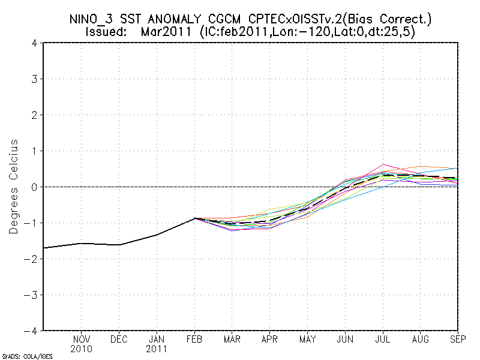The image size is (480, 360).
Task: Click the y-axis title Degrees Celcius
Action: (x=13, y=187)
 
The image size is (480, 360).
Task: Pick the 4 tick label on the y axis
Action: (x=35, y=43)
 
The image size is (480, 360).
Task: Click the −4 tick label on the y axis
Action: (x=32, y=331)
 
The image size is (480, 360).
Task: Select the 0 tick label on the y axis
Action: (x=35, y=187)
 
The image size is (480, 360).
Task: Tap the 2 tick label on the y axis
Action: (x=35, y=115)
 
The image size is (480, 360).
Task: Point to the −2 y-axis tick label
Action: (x=32, y=259)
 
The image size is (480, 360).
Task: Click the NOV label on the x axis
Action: (x=82, y=339)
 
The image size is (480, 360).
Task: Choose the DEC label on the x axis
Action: (x=119, y=339)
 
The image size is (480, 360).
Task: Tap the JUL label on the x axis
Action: (x=383, y=339)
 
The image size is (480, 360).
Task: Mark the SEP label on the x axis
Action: (x=458, y=339)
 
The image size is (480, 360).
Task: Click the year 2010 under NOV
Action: (x=82, y=348)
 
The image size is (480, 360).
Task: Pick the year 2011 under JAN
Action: (x=157, y=348)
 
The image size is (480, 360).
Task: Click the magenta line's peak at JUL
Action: (x=383, y=164)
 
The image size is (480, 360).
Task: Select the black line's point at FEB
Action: (x=195, y=218)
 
